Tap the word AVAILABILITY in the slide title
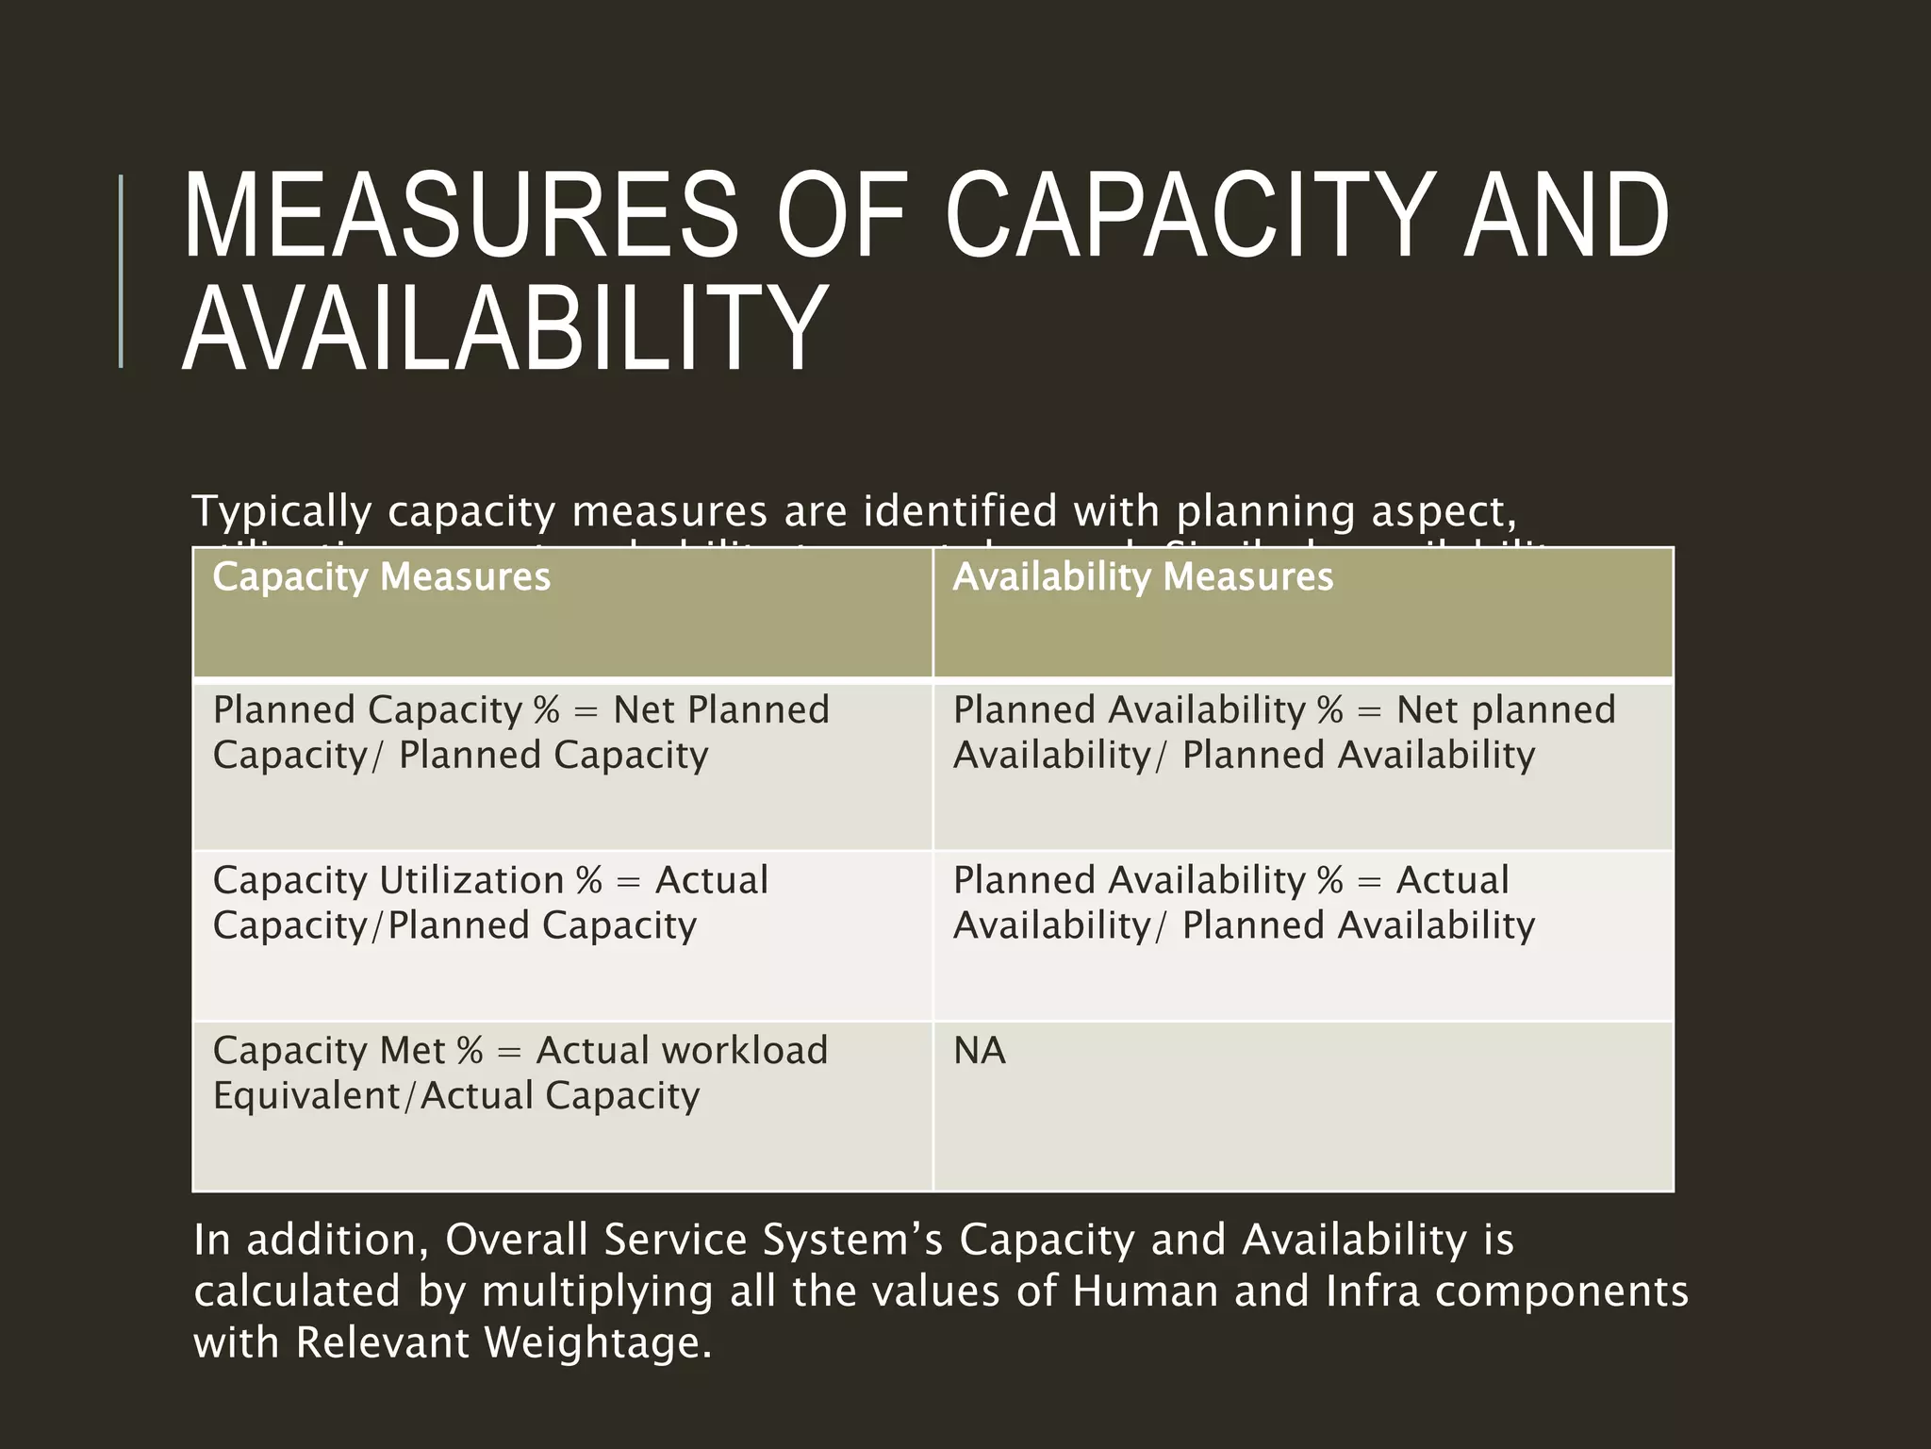[x=504, y=329]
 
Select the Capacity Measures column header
[x=381, y=577]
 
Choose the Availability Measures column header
[x=1143, y=577]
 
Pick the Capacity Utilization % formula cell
[x=562, y=934]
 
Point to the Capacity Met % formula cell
[x=562, y=1104]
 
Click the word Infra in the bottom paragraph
[x=1372, y=1291]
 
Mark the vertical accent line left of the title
[x=121, y=271]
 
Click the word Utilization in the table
[x=470, y=881]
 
